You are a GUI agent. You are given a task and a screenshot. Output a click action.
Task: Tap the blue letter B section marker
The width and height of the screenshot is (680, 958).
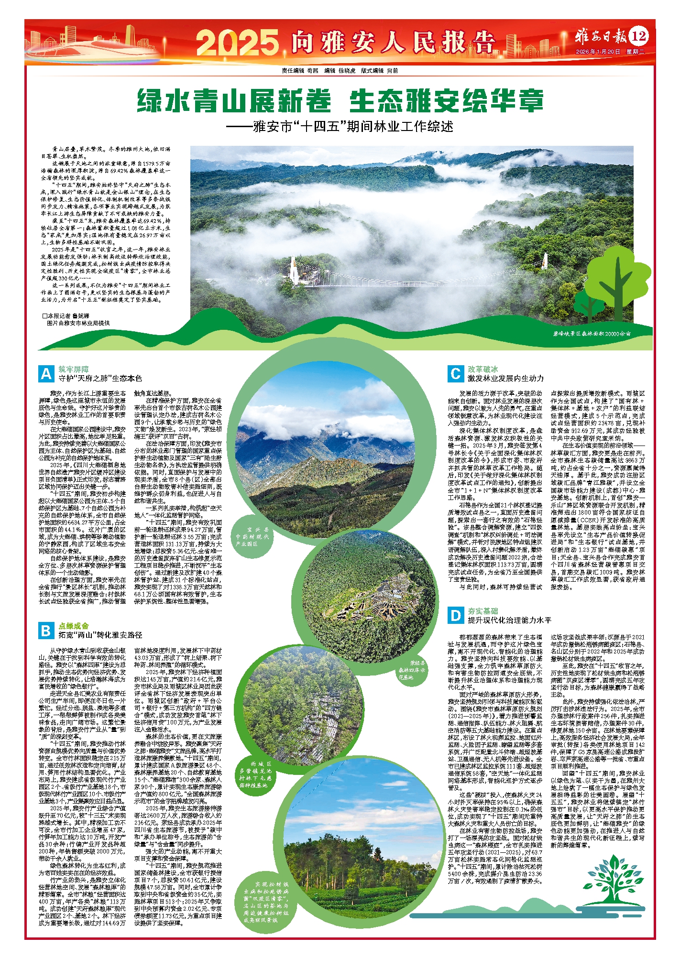click(x=46, y=631)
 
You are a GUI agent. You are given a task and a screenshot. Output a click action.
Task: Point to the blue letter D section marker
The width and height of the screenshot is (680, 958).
click(x=455, y=615)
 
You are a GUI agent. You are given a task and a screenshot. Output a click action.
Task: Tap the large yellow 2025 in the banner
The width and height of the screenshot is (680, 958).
click(x=237, y=43)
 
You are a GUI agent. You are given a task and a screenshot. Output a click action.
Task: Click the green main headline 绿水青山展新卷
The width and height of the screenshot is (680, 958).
click(x=234, y=101)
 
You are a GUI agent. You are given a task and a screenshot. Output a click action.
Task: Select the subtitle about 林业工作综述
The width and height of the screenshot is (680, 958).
click(x=340, y=127)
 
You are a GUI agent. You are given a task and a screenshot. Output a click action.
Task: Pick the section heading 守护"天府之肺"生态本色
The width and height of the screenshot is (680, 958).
click(x=100, y=379)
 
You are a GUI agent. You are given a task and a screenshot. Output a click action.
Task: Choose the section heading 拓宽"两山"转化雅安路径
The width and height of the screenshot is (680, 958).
click(x=100, y=635)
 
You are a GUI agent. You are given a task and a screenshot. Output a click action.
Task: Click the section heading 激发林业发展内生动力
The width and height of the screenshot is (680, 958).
click(x=505, y=379)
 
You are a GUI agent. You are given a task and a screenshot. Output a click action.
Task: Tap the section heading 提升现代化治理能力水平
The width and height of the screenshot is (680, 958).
click(x=509, y=620)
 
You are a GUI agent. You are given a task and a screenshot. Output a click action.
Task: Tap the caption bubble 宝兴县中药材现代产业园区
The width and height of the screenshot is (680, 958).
click(x=252, y=537)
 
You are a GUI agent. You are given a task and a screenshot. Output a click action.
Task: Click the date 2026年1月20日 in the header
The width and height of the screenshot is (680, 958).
click(x=598, y=51)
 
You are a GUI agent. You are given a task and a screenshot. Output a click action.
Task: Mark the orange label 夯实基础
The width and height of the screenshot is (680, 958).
click(x=483, y=611)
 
